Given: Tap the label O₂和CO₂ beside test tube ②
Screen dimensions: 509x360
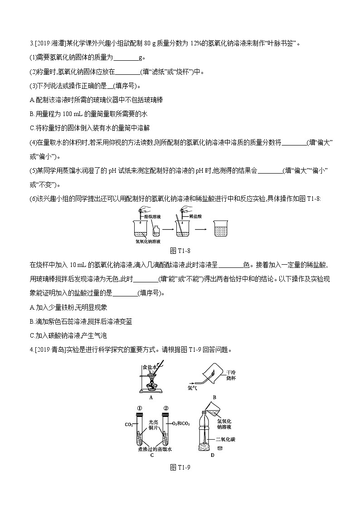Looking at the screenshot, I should click(181, 424).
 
